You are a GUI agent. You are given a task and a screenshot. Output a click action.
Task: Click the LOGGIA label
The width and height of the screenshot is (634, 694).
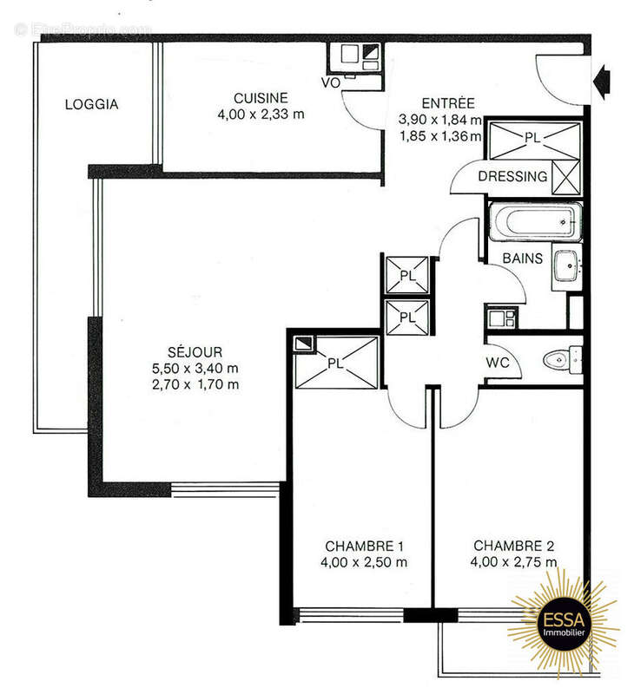[91, 105]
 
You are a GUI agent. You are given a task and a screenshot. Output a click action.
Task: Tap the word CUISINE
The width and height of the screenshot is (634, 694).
[261, 97]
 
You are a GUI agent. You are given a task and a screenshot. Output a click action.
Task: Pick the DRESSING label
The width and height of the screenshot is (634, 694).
[512, 177]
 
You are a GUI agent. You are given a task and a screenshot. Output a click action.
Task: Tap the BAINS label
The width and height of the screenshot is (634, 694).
[523, 259]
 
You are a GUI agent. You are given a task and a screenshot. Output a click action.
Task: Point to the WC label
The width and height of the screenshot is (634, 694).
[498, 361]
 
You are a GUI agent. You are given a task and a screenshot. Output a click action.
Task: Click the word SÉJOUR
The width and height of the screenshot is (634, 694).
[195, 352]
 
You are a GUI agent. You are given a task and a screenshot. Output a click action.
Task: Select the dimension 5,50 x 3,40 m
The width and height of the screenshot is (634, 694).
[195, 369]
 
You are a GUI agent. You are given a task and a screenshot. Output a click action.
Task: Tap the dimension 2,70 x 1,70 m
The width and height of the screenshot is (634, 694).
[195, 384]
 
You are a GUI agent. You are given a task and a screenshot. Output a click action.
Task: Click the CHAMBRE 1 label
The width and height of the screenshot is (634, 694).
[364, 546]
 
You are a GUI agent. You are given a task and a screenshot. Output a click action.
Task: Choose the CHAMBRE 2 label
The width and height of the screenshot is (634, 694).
[513, 546]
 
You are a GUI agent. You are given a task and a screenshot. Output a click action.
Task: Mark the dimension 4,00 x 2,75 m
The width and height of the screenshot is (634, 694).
[513, 562]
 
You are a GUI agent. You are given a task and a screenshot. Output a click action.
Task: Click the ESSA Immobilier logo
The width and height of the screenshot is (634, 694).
[562, 622]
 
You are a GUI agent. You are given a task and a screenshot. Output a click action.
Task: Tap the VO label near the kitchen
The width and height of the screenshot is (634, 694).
[330, 82]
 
